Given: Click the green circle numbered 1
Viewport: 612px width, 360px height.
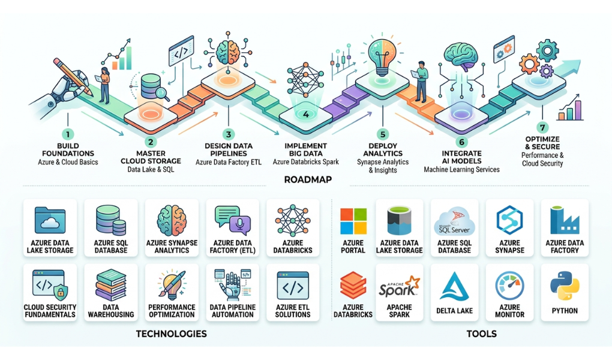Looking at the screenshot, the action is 68,134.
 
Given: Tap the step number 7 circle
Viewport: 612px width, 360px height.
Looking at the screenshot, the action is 542,127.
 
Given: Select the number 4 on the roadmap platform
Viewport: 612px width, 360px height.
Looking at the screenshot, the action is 306,115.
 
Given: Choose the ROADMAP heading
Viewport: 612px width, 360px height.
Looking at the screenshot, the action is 308,179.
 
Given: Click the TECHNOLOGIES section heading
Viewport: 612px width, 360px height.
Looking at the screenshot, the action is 172,334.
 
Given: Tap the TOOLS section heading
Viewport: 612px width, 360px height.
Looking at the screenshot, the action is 482,334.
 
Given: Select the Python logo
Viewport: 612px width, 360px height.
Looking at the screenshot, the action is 565,286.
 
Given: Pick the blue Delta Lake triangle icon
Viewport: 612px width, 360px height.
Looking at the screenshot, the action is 454,287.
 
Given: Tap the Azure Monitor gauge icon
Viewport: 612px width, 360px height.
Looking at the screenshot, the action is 509,286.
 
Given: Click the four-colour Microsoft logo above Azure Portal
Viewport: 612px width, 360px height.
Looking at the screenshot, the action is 353,221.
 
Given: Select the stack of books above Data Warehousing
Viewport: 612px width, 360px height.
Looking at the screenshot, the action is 111,284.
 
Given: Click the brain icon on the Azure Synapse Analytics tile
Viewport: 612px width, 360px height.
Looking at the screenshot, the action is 172,221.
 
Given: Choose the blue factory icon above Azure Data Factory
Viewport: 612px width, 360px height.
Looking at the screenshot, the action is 565,221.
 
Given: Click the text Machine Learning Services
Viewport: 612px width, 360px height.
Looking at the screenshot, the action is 462,169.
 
